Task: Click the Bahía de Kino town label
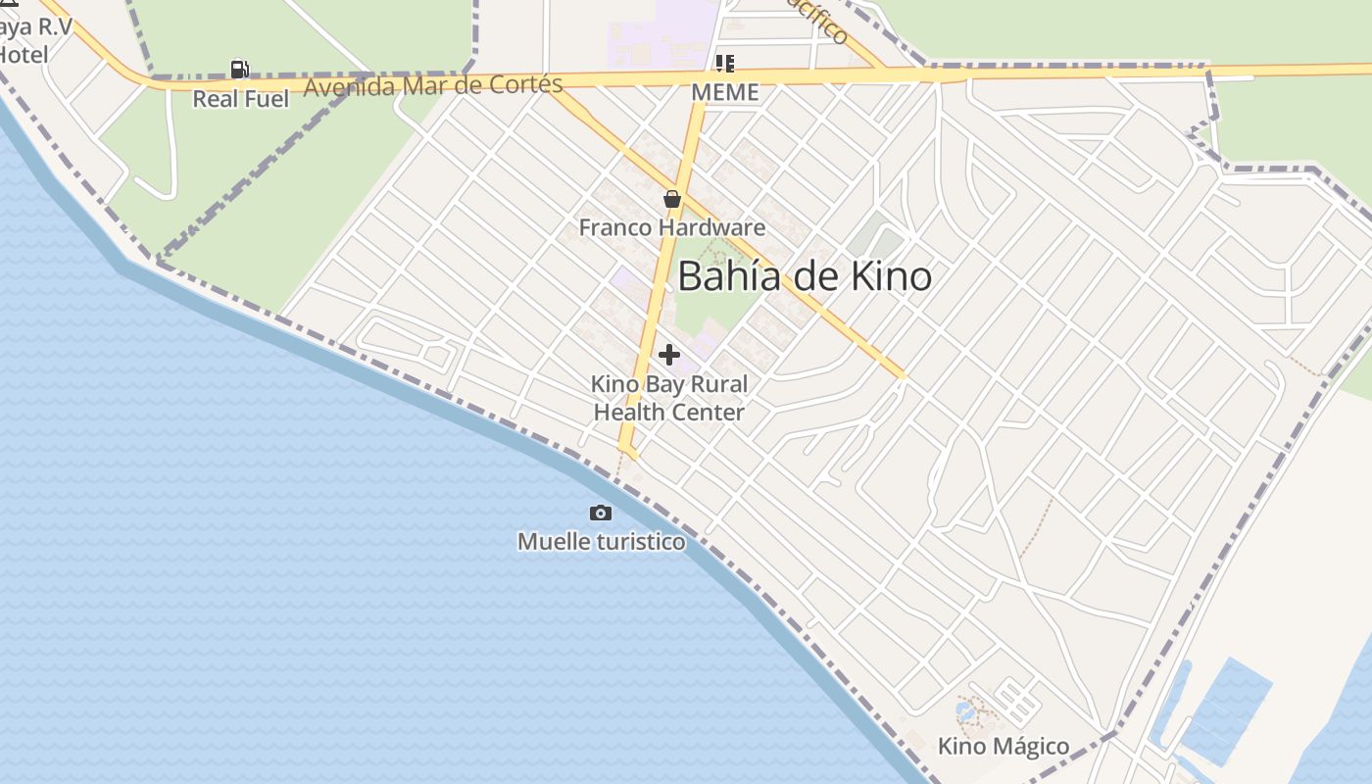click(x=804, y=276)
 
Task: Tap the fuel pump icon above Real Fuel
click(x=239, y=69)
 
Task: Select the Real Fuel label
click(x=240, y=99)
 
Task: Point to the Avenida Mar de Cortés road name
click(x=433, y=85)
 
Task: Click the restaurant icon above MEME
click(x=725, y=64)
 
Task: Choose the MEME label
click(x=725, y=92)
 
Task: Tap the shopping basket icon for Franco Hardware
click(x=672, y=199)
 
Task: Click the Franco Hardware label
click(x=672, y=227)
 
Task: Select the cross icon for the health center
click(x=669, y=354)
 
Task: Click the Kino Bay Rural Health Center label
click(x=669, y=398)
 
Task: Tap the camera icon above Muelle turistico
click(x=601, y=513)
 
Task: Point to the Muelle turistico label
click(x=601, y=541)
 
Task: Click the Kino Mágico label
click(x=1004, y=746)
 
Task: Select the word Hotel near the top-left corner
click(x=24, y=54)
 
